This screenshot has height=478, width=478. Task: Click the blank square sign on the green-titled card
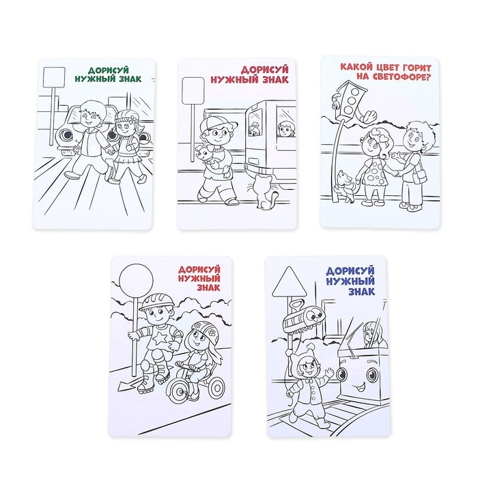[x=54, y=77]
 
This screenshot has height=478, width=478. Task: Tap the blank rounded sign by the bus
[x=193, y=91]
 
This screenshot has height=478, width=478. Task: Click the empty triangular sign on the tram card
[x=290, y=282]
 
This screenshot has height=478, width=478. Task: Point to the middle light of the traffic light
[x=350, y=100]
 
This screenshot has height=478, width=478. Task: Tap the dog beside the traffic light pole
[x=346, y=186]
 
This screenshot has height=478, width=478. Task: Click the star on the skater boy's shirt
[x=158, y=338]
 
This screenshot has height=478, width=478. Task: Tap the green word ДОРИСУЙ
[x=109, y=71]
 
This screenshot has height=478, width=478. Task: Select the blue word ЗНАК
[x=361, y=292]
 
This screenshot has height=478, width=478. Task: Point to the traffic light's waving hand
[x=369, y=116]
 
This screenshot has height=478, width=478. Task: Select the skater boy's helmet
[x=156, y=302]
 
